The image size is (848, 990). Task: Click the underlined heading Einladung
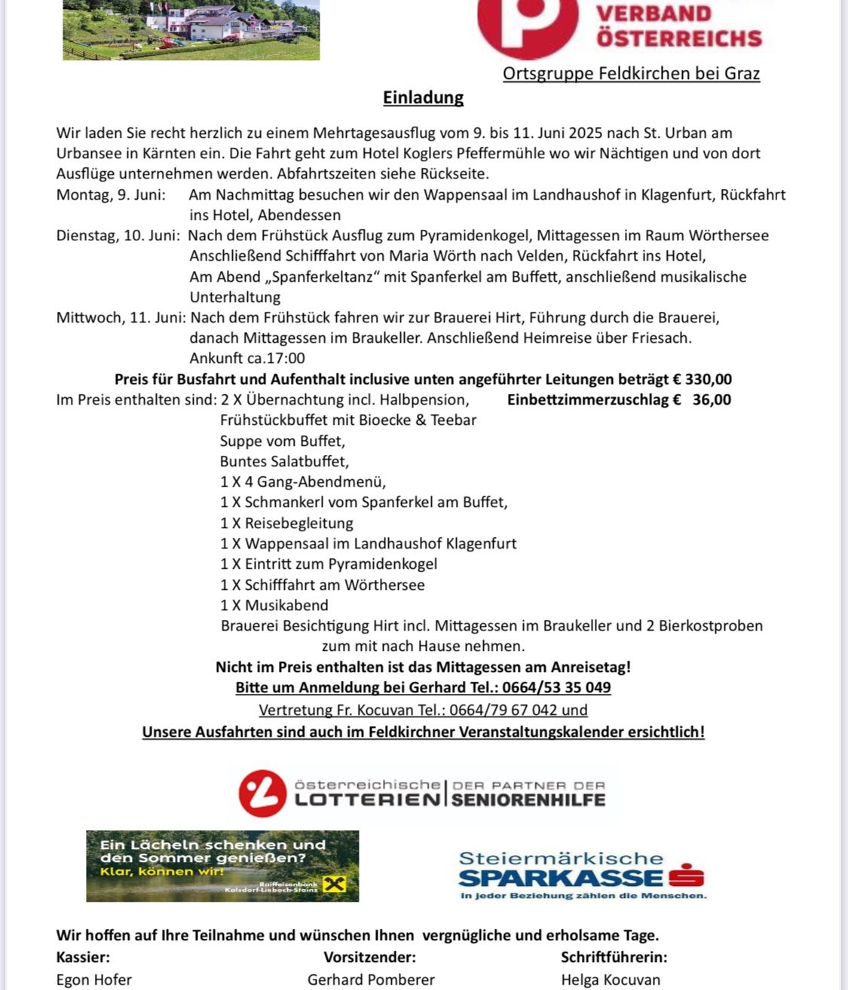(x=423, y=98)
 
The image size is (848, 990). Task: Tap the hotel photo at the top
(x=191, y=30)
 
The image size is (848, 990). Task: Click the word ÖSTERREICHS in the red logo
(x=679, y=38)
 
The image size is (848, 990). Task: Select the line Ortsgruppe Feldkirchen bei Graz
(x=631, y=74)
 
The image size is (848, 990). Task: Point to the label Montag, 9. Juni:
(x=111, y=195)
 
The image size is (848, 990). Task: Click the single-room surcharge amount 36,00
(x=712, y=400)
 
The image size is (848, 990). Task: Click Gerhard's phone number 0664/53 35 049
(x=556, y=688)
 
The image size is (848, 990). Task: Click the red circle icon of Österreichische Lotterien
(x=262, y=793)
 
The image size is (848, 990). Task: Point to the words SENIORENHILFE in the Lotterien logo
(x=528, y=800)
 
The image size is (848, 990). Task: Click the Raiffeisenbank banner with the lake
(x=222, y=866)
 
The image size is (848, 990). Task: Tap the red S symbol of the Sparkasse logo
(x=686, y=876)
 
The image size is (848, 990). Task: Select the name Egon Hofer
(x=94, y=980)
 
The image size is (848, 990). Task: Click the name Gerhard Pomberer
(x=371, y=980)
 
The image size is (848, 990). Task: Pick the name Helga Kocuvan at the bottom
(x=611, y=980)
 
